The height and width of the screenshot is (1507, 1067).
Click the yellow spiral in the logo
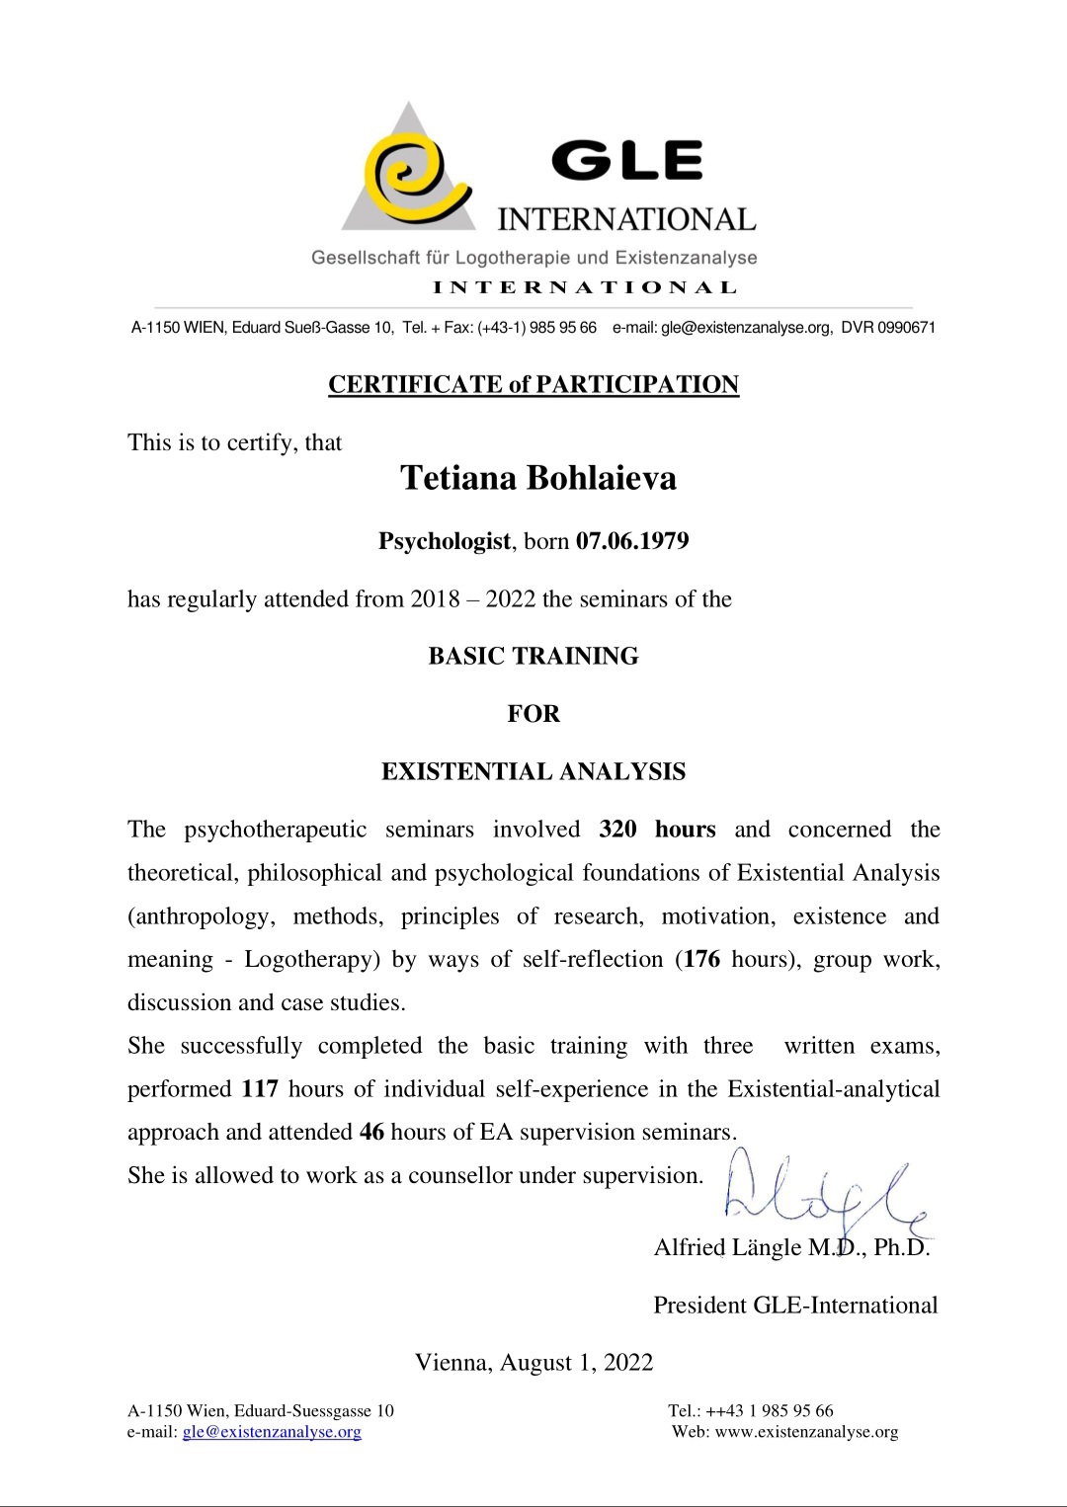pos(407,176)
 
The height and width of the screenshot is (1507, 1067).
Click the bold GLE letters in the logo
pos(626,161)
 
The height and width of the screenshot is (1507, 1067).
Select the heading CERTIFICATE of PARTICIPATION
pos(533,384)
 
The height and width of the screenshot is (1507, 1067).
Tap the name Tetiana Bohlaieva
pos(538,478)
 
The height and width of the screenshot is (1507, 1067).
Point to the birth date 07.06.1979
pos(632,541)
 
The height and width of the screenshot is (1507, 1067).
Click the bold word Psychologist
pos(445,541)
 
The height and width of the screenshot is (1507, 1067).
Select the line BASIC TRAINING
pos(533,656)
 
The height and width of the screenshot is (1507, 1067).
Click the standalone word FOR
pos(533,713)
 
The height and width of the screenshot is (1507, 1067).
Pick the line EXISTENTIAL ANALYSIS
pos(533,771)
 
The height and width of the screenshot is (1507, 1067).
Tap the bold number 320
pos(617,830)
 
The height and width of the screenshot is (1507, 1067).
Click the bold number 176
pos(701,959)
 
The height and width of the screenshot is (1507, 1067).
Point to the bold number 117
pos(260,1089)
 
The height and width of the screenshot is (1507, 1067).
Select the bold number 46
pos(371,1132)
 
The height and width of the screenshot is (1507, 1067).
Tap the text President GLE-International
pos(795,1306)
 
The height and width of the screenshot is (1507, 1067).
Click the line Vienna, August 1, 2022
pos(533,1363)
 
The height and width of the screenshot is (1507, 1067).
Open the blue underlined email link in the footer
pos(272,1432)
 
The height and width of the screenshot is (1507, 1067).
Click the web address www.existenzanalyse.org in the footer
pos(806,1432)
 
